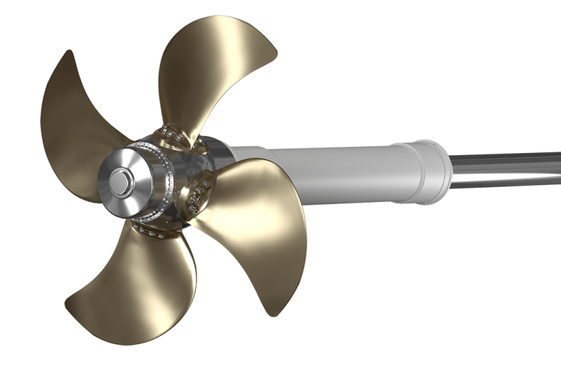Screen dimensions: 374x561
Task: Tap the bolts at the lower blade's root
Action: tap(152, 232)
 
